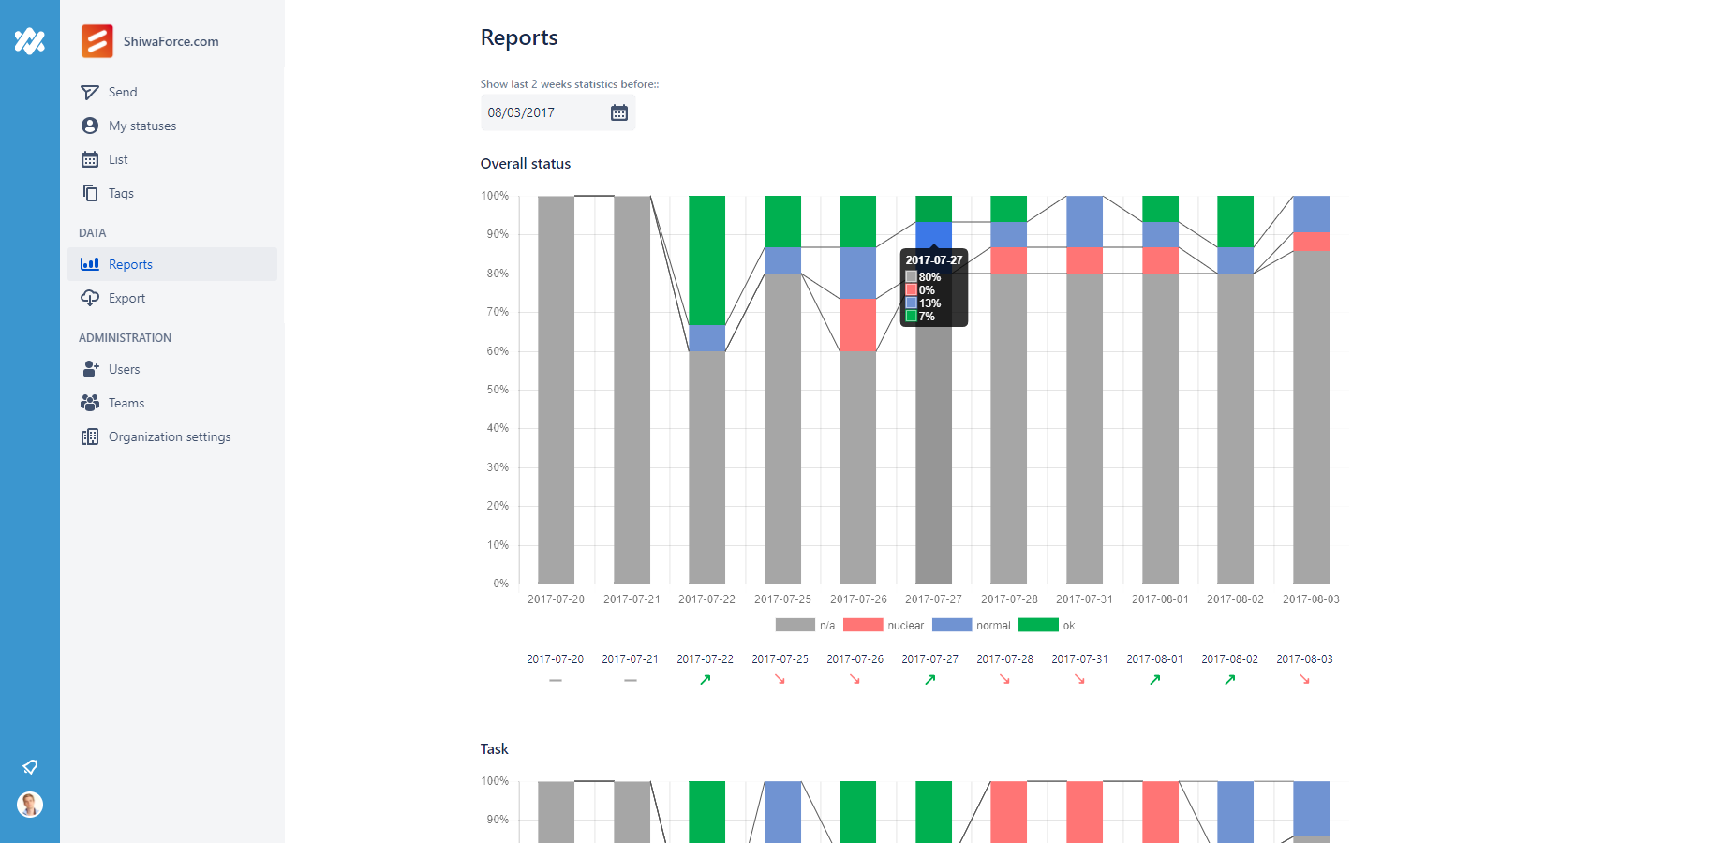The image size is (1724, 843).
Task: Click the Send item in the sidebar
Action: (x=122, y=92)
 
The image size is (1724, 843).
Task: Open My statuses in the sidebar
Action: (x=141, y=126)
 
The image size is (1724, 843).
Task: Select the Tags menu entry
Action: (x=121, y=193)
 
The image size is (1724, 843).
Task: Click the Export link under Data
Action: (x=126, y=298)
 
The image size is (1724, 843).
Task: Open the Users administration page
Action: (x=124, y=369)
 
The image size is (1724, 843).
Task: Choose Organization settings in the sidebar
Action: (x=169, y=436)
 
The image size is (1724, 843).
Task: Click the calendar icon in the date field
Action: (x=619, y=112)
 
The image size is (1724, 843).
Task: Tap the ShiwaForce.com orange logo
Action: (x=97, y=41)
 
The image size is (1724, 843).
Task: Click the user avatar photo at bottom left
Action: (x=30, y=805)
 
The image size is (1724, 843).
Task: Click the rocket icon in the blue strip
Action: (x=30, y=767)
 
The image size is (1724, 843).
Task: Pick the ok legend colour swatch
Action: (x=1038, y=626)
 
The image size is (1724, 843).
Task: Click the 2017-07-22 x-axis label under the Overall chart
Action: (x=706, y=599)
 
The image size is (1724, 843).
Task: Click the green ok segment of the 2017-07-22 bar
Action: (x=706, y=259)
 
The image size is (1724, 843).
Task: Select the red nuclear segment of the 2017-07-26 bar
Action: (x=857, y=325)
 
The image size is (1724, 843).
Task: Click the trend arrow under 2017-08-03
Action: (x=1304, y=680)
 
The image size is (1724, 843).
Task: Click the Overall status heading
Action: (x=526, y=164)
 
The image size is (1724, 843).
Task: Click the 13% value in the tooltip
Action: (x=929, y=303)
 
